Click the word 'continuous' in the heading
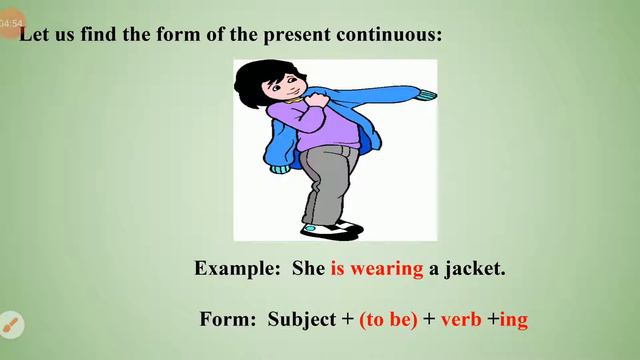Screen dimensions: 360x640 [386, 34]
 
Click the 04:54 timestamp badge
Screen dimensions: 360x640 [11, 23]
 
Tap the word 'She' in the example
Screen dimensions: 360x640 [309, 269]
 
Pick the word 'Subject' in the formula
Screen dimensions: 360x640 [302, 320]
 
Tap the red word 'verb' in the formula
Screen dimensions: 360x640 [461, 320]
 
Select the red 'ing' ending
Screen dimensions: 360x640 [513, 321]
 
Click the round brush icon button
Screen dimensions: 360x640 [11, 325]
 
